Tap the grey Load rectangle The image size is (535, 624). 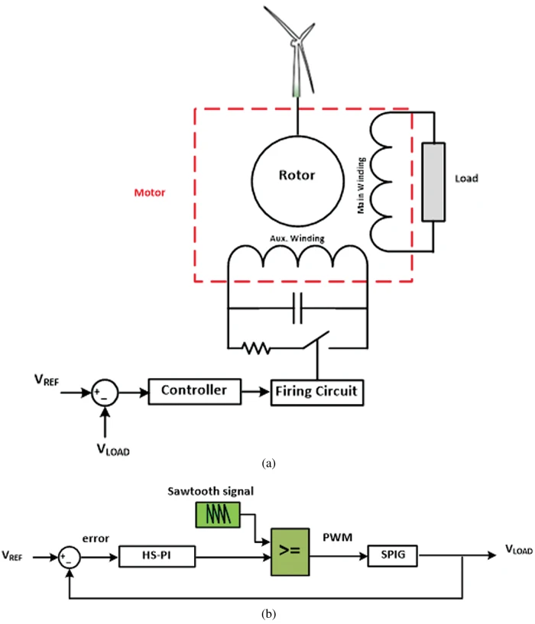(x=433, y=182)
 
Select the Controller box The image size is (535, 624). (x=194, y=392)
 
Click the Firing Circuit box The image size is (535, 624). (x=317, y=393)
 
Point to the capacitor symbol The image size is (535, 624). (x=297, y=308)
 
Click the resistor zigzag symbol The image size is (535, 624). (x=256, y=348)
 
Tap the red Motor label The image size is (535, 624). (x=149, y=192)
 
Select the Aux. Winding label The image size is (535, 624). (x=297, y=238)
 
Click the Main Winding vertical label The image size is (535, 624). (x=361, y=186)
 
